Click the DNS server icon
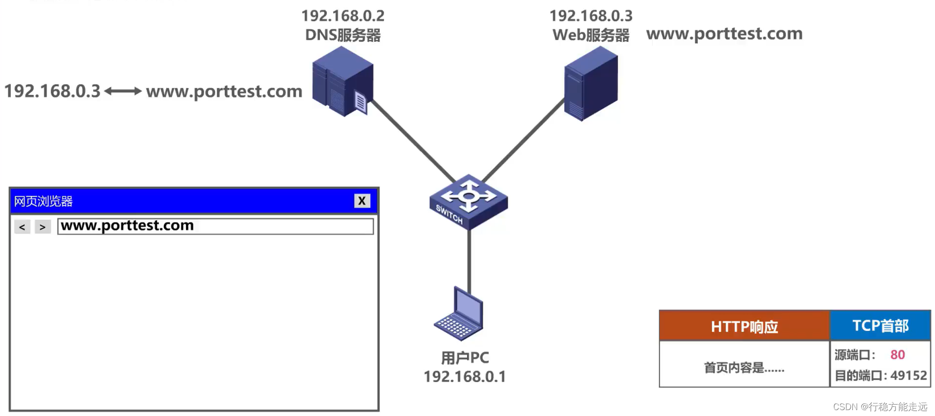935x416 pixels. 342,81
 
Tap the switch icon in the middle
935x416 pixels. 468,202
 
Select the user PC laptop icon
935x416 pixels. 459,315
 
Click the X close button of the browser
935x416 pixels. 362,201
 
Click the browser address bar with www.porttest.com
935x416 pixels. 215,226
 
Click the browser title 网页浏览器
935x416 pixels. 43,201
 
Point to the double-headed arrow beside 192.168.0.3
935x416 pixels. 123,91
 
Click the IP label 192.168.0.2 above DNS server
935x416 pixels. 343,16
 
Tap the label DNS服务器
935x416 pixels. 343,35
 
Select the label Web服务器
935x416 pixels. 591,35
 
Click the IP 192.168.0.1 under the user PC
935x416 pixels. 465,377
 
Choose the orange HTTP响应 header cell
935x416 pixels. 744,327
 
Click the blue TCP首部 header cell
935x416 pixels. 880,326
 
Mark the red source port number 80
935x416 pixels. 897,355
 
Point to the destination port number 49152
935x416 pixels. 908,376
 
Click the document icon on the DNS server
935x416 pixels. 360,102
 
